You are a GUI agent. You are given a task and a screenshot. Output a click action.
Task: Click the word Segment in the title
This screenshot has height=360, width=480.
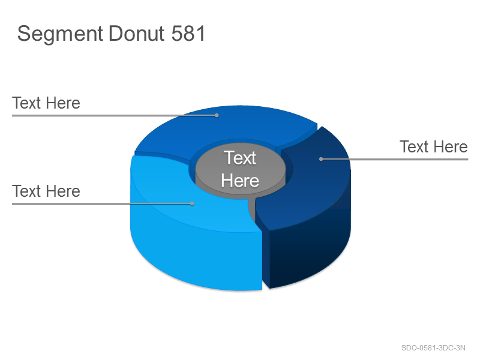pyautogui.click(x=60, y=34)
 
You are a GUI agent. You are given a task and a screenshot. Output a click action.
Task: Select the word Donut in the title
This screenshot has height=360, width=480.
pyautogui.click(x=137, y=34)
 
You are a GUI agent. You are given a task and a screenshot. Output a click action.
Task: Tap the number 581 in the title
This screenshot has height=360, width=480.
pyautogui.click(x=188, y=34)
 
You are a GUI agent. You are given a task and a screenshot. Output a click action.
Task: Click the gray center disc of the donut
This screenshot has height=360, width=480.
pyautogui.click(x=241, y=169)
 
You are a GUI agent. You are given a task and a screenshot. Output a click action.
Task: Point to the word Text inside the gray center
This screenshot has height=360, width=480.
pyautogui.click(x=239, y=158)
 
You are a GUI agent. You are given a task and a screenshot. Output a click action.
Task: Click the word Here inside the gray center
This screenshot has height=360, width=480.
pyautogui.click(x=240, y=181)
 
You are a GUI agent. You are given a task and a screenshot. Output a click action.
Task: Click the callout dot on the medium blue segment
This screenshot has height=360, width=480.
pyautogui.click(x=217, y=115)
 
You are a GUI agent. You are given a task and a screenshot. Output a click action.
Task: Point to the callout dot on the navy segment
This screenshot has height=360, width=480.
pyautogui.click(x=321, y=159)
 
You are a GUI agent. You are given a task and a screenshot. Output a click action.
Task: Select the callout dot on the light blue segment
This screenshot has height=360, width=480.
pyautogui.click(x=192, y=203)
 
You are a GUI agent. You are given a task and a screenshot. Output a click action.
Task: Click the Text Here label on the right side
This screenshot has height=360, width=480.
pyautogui.click(x=434, y=146)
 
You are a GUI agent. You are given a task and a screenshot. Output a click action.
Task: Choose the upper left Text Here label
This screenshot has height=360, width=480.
pyautogui.click(x=46, y=103)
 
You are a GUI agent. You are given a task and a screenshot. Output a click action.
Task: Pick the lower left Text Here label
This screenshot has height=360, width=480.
pyautogui.click(x=46, y=191)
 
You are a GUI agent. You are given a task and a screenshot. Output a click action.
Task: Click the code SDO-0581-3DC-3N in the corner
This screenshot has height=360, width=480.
pyautogui.click(x=433, y=348)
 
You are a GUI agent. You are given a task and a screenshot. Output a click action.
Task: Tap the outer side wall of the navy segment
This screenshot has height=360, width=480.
pyautogui.click(x=309, y=251)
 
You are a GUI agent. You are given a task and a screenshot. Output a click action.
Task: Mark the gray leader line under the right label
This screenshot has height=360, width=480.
pyautogui.click(x=394, y=159)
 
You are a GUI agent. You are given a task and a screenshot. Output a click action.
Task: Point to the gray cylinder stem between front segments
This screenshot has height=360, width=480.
pyautogui.click(x=251, y=209)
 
